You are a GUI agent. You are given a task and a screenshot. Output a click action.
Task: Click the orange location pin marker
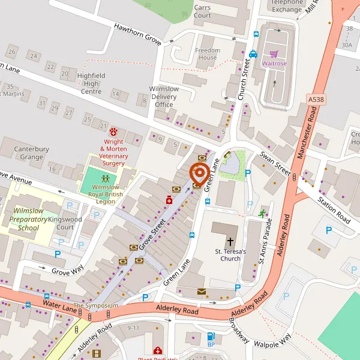pos(199,173)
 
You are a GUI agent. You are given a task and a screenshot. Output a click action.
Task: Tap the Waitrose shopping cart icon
pos(273,53)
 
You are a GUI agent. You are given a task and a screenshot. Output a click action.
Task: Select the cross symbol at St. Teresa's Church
pos(230,241)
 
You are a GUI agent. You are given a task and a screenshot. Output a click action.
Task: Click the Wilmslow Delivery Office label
pos(164,97)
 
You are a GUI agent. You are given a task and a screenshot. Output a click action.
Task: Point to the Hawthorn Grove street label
pos(139,31)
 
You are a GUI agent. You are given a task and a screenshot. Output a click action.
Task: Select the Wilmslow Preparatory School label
pos(28,220)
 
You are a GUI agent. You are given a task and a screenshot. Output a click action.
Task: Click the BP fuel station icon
pos(211,337)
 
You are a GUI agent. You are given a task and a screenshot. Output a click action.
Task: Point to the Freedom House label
pos(207,54)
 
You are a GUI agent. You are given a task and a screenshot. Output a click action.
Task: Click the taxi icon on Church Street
pos(253,53)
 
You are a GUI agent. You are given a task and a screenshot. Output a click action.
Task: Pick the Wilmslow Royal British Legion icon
pos(106,179)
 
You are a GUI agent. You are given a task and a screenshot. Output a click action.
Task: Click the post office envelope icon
pos(201,292)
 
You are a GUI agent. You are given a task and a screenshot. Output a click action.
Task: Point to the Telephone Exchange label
pos(287,5)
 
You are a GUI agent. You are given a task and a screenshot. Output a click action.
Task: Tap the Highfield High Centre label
pos(91,83)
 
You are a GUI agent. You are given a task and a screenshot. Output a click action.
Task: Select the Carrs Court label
pos(202,11)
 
